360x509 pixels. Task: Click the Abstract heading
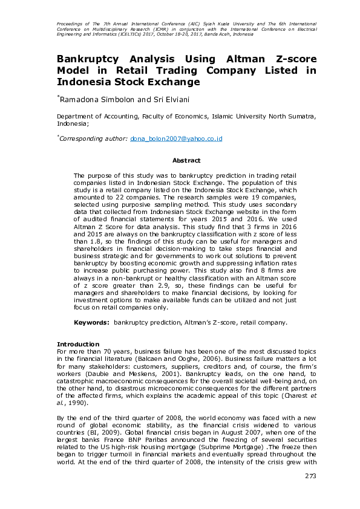click(186, 160)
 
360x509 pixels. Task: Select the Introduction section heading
click(78, 344)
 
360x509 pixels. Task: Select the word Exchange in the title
click(170, 82)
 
